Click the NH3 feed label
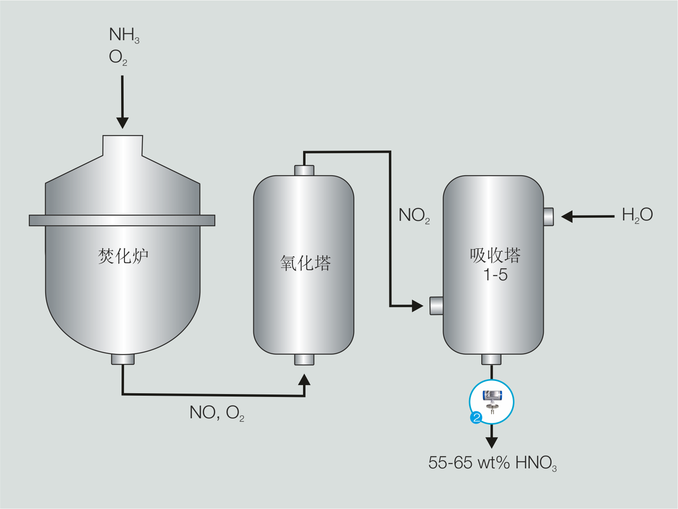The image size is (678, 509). click(124, 35)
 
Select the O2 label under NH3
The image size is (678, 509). click(118, 57)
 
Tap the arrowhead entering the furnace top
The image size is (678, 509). click(122, 122)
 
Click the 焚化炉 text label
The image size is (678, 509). click(123, 256)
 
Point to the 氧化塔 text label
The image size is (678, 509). click(305, 263)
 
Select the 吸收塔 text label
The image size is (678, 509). click(495, 255)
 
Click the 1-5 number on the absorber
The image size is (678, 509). click(495, 275)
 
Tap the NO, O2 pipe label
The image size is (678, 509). click(216, 413)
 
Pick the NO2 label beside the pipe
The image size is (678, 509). click(414, 215)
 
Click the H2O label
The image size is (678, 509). click(637, 215)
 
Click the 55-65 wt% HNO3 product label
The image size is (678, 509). click(492, 463)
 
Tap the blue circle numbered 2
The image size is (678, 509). click(476, 418)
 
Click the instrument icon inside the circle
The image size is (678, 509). click(492, 400)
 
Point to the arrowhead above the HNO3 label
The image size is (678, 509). click(492, 442)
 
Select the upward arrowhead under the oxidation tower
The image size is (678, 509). click(304, 380)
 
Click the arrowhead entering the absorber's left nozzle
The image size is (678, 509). click(417, 306)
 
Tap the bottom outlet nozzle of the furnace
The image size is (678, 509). click(123, 359)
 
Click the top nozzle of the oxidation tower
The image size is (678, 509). click(304, 170)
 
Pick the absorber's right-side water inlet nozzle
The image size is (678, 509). click(548, 217)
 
